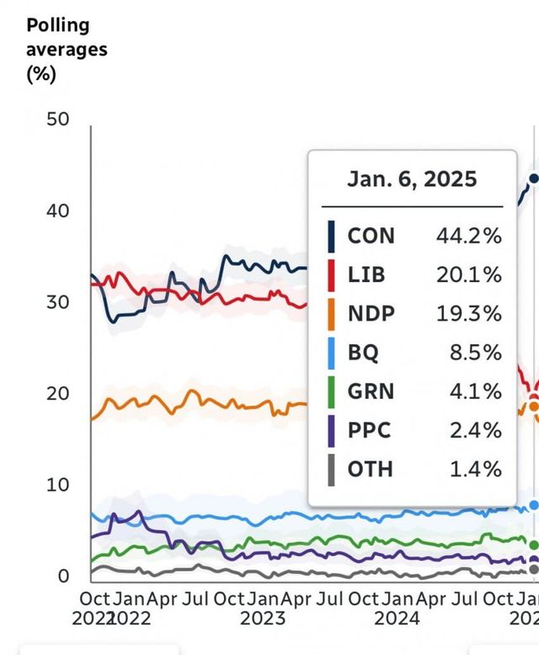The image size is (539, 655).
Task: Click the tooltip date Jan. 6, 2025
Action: [412, 178]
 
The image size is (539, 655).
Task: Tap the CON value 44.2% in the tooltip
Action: [468, 235]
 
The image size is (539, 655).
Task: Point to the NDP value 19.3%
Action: [468, 313]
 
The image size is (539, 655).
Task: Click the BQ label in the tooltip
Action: [364, 352]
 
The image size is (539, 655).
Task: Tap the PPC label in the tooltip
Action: [369, 429]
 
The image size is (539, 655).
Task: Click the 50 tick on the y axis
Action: [58, 119]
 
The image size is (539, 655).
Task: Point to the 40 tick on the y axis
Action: [58, 210]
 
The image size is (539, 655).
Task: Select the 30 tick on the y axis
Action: [58, 302]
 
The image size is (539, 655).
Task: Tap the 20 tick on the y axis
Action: [58, 393]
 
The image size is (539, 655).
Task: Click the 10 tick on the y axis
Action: [58, 485]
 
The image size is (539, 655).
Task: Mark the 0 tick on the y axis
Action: [63, 577]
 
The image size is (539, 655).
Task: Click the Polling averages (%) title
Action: [67, 49]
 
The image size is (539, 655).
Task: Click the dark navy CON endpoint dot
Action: [533, 178]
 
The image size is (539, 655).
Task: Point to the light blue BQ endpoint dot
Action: [533, 505]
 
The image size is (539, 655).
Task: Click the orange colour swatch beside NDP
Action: [332, 313]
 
